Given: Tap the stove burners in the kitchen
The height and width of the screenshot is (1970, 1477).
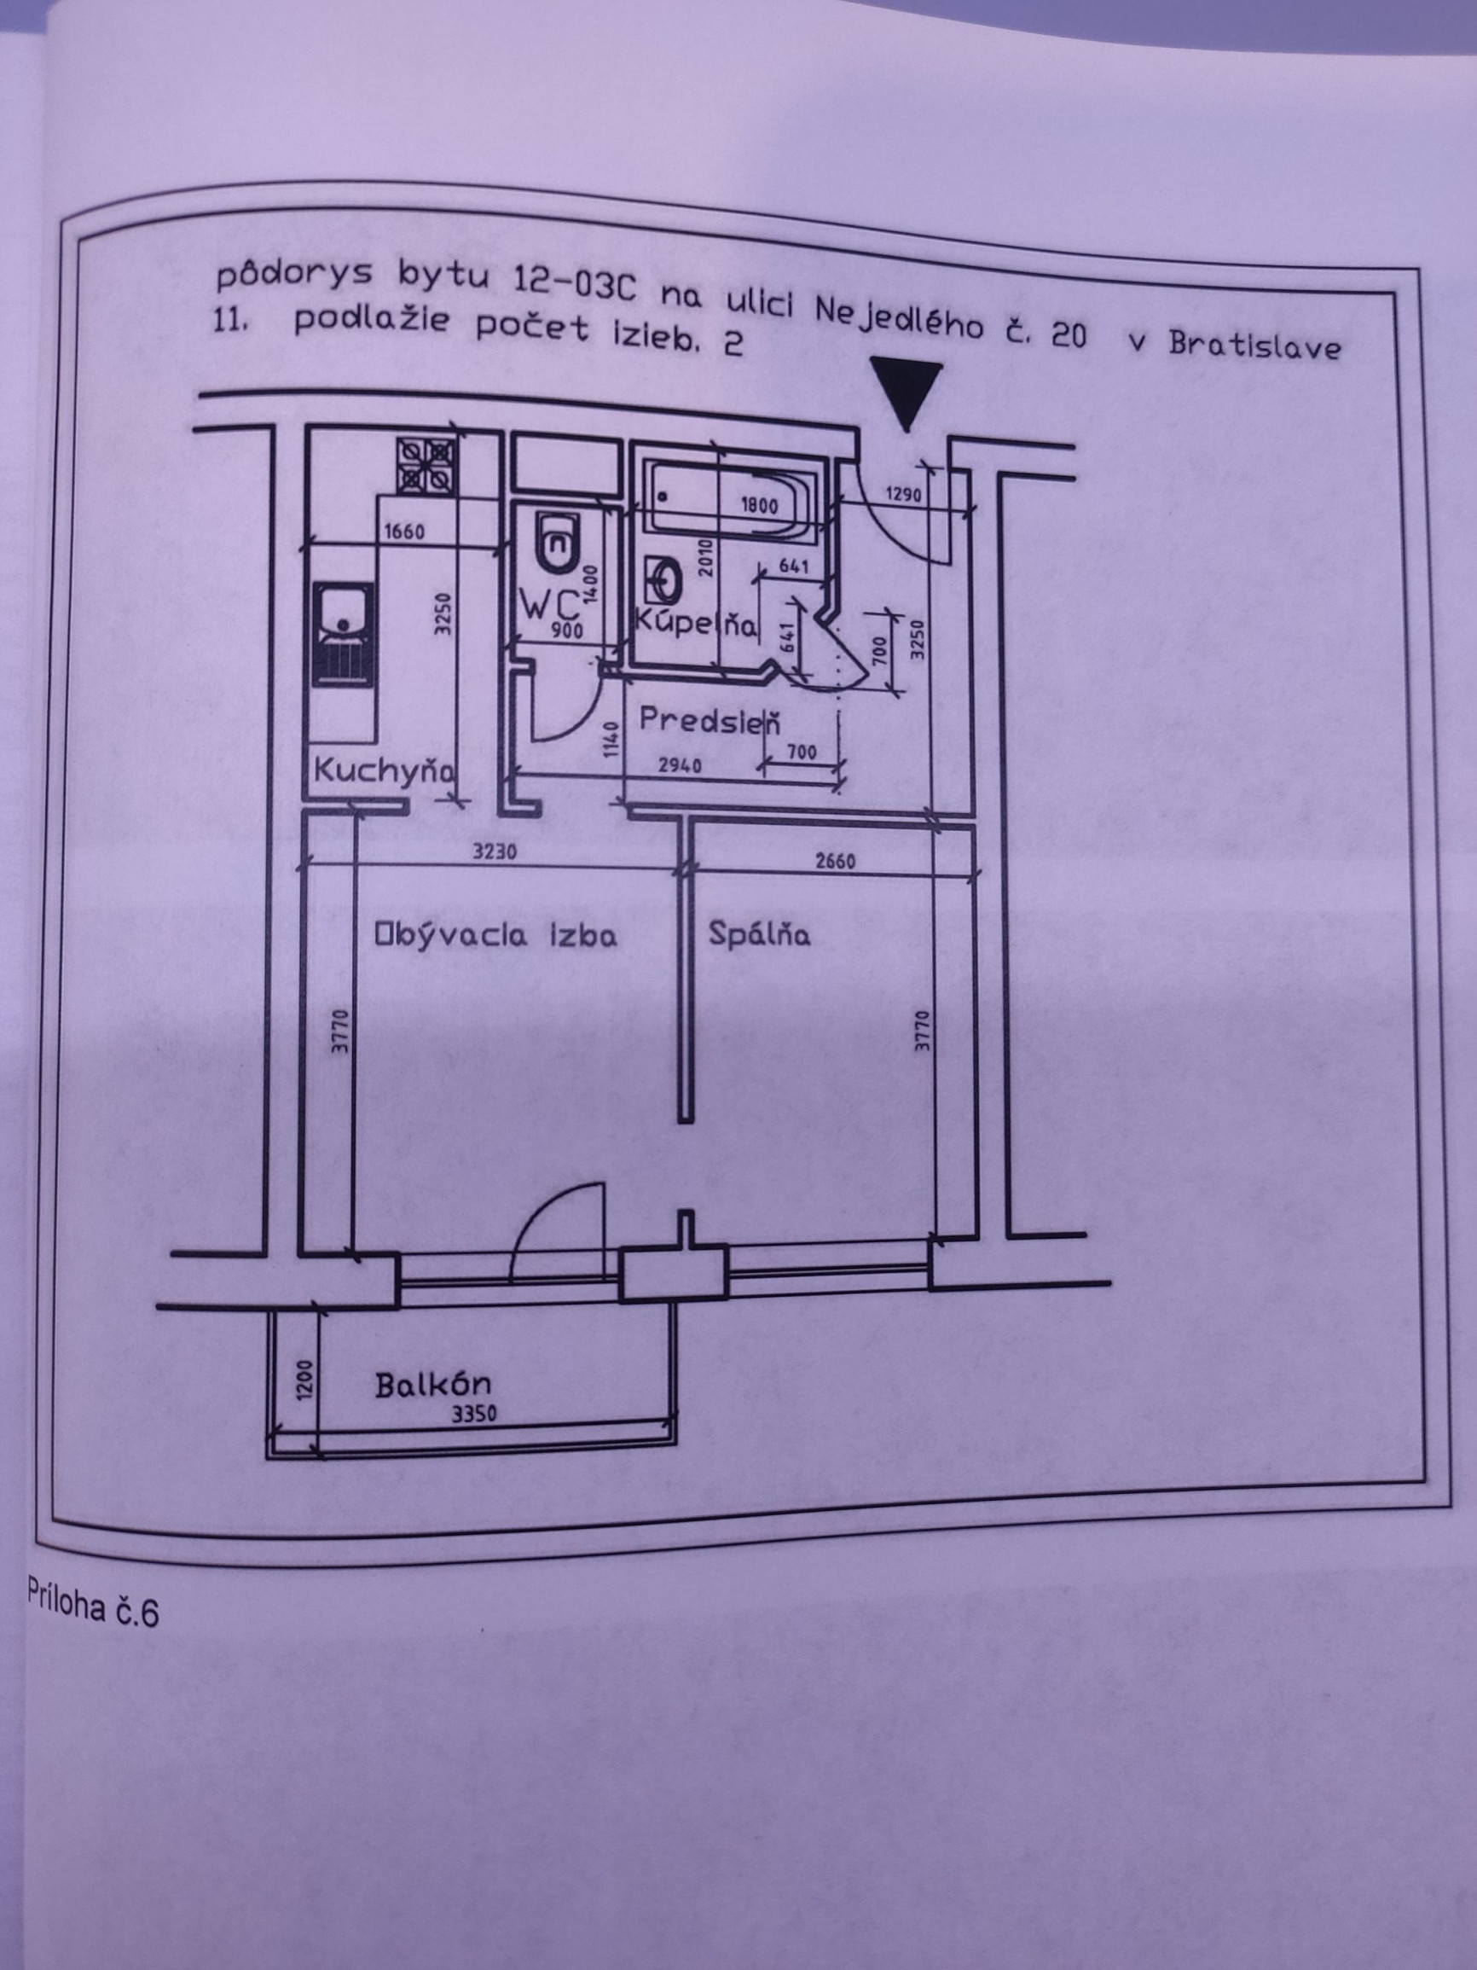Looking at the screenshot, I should tap(425, 465).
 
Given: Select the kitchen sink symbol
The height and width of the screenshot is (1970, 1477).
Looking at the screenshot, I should tap(344, 635).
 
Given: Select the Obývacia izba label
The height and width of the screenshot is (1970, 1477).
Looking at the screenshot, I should tap(495, 935).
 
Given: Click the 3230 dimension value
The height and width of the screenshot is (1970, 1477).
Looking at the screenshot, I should tap(494, 852).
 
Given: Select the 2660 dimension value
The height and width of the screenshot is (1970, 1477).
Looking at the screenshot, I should tap(833, 861).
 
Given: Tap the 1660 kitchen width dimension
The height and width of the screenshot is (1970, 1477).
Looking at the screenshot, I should tap(403, 532).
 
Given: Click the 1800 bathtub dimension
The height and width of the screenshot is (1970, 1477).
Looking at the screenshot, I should tap(758, 506).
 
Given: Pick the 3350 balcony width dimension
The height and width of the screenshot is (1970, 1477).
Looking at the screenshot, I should tap(474, 1414).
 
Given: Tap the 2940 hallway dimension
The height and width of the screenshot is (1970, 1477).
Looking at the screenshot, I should tap(680, 765).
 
